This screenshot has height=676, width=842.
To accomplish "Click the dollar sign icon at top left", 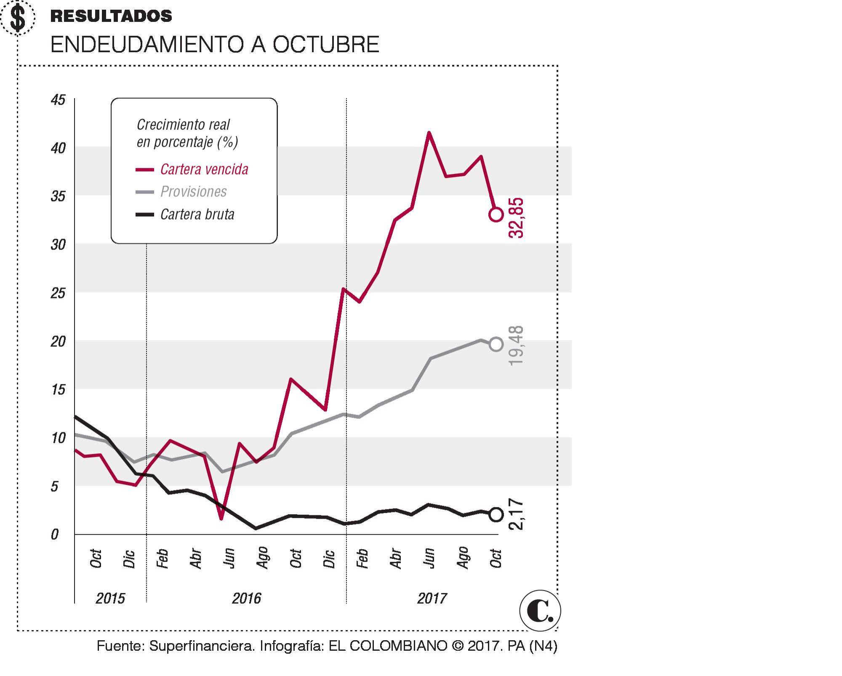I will (x=17, y=18).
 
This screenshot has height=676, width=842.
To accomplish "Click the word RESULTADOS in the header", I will (x=111, y=16).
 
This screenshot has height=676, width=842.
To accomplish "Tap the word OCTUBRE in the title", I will (x=326, y=45).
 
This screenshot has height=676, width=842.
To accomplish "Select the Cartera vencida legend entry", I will (x=204, y=170).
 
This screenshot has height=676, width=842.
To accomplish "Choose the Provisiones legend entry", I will (x=193, y=192).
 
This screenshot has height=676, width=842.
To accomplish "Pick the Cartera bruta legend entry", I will (x=197, y=215).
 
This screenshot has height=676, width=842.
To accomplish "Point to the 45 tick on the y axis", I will (x=58, y=100).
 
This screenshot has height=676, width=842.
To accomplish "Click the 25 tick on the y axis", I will (x=58, y=293).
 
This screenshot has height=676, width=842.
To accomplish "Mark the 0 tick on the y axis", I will (x=55, y=535).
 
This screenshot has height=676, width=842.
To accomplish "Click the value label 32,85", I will (x=516, y=218).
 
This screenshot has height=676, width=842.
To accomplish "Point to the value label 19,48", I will (x=516, y=346).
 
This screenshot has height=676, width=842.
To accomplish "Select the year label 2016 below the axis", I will (x=246, y=598).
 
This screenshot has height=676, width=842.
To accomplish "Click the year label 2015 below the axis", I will (x=110, y=598).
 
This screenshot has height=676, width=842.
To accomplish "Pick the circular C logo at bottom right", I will (x=540, y=611).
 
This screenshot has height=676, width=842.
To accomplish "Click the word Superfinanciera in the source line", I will (x=202, y=646).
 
